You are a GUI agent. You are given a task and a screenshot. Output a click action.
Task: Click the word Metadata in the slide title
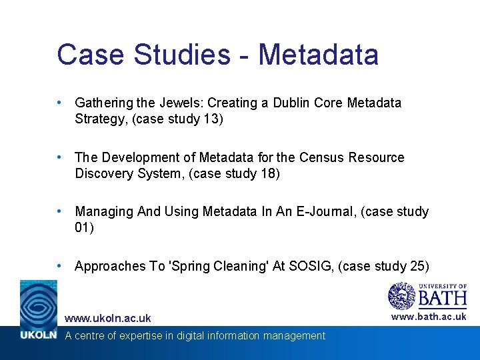click(x=318, y=55)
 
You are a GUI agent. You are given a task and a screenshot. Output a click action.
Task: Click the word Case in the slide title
click(x=89, y=55)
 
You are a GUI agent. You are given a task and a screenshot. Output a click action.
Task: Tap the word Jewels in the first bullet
click(x=179, y=103)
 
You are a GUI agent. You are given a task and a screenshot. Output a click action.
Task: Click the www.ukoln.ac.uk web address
click(x=107, y=319)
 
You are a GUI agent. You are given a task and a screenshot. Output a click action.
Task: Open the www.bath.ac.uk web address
click(x=429, y=317)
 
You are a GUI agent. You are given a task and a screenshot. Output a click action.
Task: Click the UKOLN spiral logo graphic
click(x=39, y=303)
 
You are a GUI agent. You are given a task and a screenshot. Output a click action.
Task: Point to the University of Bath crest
click(x=401, y=295)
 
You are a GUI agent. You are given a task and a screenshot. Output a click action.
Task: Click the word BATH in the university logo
click(x=442, y=298)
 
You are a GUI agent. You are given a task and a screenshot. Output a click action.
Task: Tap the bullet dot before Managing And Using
click(x=60, y=211)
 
